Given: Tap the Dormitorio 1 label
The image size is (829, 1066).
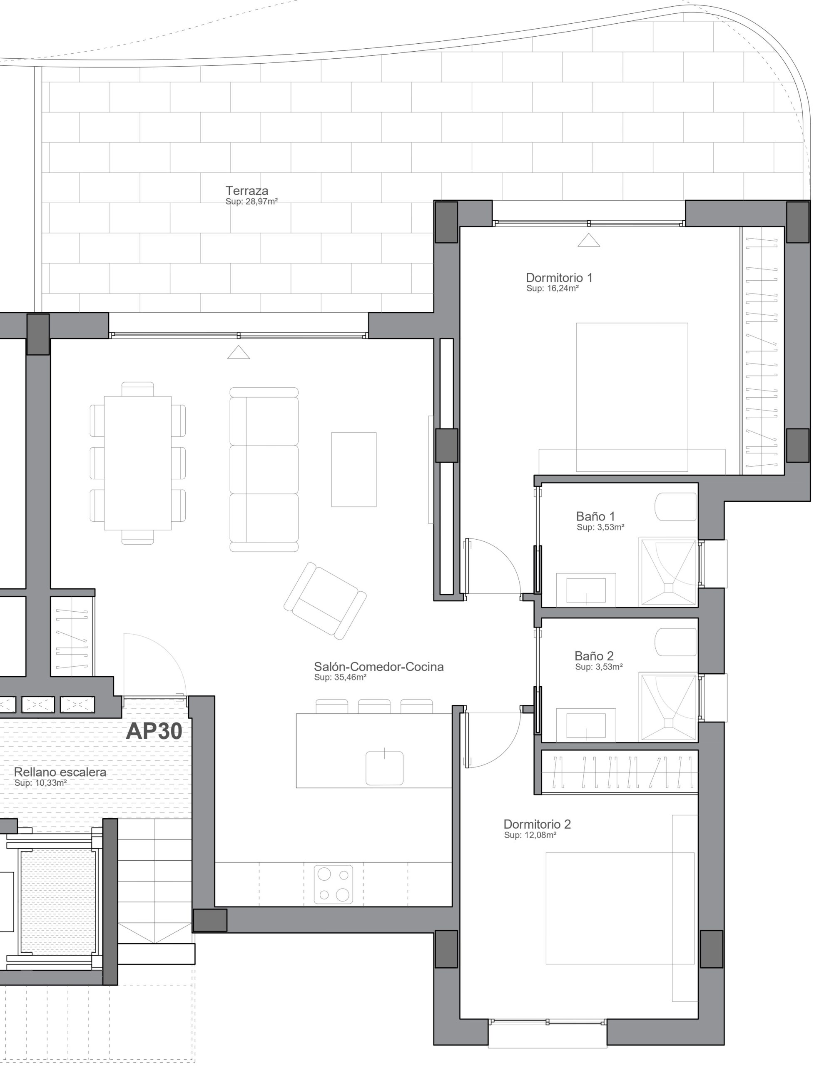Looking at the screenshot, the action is click(559, 278).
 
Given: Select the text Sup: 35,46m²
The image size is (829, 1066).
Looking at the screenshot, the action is click(340, 677).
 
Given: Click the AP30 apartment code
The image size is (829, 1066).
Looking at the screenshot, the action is click(154, 731).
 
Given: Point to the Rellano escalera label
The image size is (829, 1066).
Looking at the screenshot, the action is click(60, 772).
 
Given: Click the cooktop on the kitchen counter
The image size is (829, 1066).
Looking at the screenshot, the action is click(333, 884).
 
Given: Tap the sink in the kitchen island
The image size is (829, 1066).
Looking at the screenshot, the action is click(384, 768).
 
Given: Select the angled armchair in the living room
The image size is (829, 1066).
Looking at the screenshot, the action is click(325, 601).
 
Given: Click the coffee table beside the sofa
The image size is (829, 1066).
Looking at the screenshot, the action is click(354, 470).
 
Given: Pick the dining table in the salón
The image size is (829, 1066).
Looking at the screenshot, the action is click(137, 463).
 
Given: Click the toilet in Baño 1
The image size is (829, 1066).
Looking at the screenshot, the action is click(676, 507).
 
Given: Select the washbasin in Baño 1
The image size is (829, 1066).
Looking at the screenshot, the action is click(586, 590).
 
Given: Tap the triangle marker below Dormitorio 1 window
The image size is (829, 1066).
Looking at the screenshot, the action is click(589, 240).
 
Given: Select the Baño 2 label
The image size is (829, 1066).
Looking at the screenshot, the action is click(594, 656).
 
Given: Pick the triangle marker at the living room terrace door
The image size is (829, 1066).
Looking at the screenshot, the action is click(239, 352).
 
